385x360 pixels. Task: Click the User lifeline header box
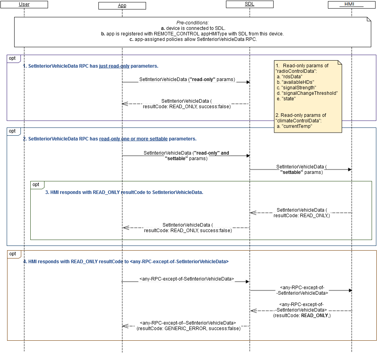coord(24,5)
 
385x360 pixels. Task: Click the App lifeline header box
coord(122,6)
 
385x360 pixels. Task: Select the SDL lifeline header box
coord(250,4)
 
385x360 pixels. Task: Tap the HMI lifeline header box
coord(352,4)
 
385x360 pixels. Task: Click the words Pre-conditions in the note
coord(192,23)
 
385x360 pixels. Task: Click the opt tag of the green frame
coord(36,185)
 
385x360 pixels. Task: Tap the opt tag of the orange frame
coord(13,254)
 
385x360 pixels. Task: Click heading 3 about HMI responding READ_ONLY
coord(124,192)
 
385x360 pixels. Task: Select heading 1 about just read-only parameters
coord(91,66)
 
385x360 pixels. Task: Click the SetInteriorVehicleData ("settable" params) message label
coord(301,170)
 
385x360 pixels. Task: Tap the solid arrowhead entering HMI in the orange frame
coord(349,290)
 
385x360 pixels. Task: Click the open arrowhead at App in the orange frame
coord(125,326)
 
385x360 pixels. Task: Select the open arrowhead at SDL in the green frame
coord(253,213)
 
